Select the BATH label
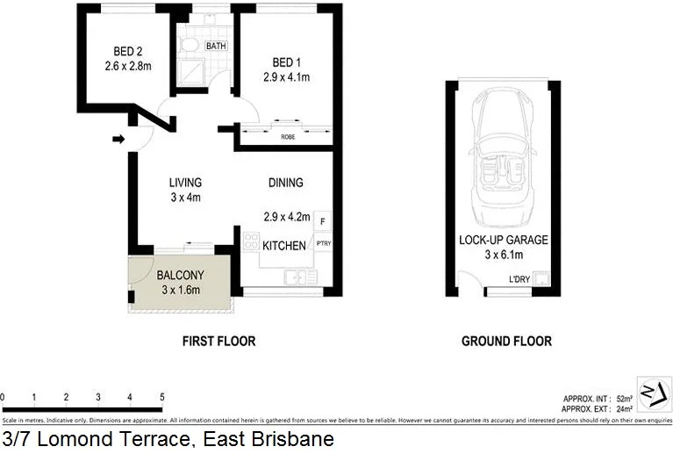tap(216, 46)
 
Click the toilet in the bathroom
tap(189, 44)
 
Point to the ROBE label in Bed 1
tap(287, 137)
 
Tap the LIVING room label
tap(185, 183)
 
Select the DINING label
tap(285, 183)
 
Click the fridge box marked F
tap(322, 220)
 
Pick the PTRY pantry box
tap(322, 245)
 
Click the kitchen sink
tap(299, 277)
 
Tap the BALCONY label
tap(180, 275)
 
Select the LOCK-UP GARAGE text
tap(503, 239)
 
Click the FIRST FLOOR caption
tap(218, 341)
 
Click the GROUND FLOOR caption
tap(506, 341)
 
